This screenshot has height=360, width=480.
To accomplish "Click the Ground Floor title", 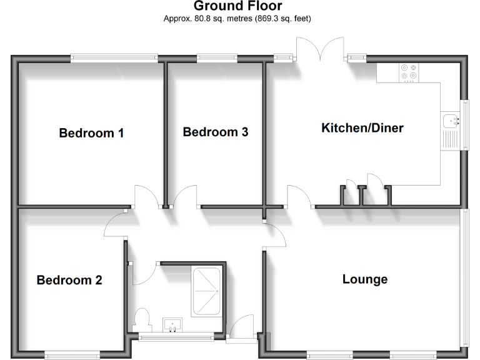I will [x=237, y=6].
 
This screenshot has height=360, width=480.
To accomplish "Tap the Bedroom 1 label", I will [x=91, y=133].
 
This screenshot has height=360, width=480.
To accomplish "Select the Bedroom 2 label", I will [x=69, y=280].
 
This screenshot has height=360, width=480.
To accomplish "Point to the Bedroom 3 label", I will [x=216, y=132].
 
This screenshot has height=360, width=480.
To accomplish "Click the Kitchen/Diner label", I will [x=362, y=129].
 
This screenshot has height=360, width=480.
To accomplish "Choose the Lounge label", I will [x=365, y=279].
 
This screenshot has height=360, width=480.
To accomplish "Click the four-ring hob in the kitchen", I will [x=409, y=73].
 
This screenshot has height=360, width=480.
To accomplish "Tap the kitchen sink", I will [x=450, y=120].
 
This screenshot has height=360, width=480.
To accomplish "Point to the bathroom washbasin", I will [x=172, y=324].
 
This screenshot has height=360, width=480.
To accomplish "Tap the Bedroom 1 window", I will [x=114, y=58].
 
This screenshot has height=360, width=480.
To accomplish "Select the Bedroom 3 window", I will [x=217, y=58].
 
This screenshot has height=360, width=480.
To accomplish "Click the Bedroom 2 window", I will [x=72, y=356].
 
